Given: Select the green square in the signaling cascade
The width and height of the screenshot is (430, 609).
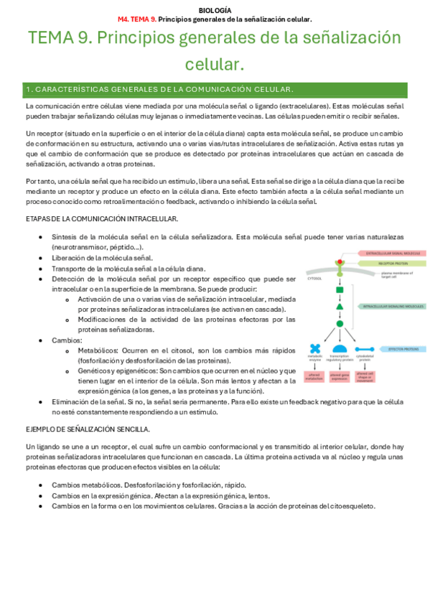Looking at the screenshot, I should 340,289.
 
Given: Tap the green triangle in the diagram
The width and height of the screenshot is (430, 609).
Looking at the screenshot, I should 340,307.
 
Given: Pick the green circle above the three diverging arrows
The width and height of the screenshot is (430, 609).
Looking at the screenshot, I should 340,323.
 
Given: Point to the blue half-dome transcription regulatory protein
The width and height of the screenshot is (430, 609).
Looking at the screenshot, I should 340,349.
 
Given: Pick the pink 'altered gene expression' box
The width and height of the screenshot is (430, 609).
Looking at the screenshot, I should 340,376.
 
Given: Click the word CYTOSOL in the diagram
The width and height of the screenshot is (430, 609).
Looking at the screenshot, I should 314,276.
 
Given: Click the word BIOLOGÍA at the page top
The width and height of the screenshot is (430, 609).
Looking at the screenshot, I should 215,10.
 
